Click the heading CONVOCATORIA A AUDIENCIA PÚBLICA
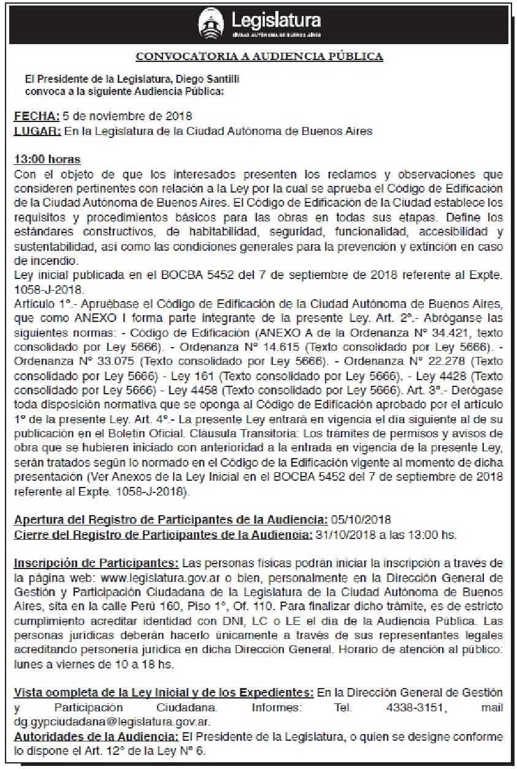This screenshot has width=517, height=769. (x=259, y=57)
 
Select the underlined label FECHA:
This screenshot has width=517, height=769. (x=37, y=116)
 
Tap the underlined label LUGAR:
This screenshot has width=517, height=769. (x=37, y=131)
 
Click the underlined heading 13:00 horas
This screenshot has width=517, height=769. (x=47, y=160)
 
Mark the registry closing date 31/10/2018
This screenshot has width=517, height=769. (x=342, y=535)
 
